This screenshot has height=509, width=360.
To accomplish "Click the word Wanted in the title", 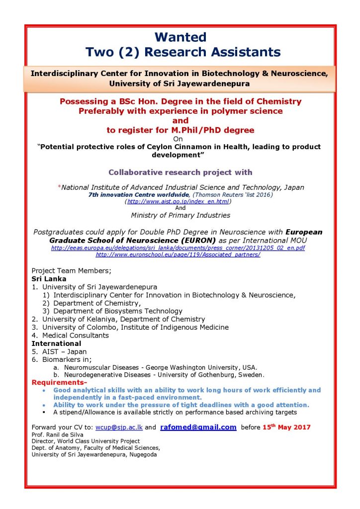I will tap(180, 37).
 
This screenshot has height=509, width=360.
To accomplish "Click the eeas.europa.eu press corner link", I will tap(178, 248).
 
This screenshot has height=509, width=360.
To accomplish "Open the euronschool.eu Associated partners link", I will tap(178, 254).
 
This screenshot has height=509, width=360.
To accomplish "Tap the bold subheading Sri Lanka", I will tap(49, 279).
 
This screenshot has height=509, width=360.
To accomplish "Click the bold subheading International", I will tap(56, 343).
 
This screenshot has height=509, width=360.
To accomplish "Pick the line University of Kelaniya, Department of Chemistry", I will tap(123, 319).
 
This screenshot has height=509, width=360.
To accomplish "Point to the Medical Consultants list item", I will tap(75, 336).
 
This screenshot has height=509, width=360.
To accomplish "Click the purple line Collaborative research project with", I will tap(180, 172).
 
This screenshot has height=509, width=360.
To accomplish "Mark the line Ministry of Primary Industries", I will tap(180, 215).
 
